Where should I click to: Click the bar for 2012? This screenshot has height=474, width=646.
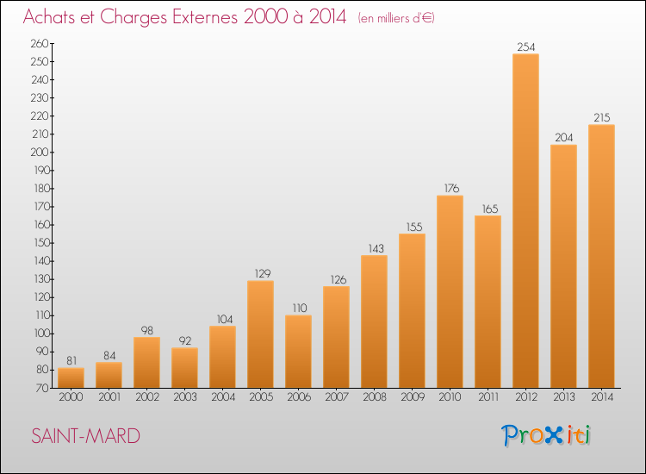(525, 221)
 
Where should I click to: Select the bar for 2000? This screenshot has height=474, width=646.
(71, 377)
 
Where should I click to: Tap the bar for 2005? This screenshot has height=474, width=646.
(260, 334)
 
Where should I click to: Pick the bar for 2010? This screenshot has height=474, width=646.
(450, 291)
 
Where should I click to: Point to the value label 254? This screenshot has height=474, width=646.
(526, 47)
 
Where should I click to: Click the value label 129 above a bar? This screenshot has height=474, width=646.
(263, 274)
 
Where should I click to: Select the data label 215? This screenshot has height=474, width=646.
(602, 118)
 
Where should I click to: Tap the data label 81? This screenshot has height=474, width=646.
(71, 360)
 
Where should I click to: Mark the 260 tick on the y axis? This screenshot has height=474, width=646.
(40, 43)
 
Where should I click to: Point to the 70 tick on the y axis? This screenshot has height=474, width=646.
(42, 388)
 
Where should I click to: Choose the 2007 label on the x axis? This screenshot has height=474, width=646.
(337, 397)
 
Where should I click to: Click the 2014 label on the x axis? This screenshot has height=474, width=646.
(602, 397)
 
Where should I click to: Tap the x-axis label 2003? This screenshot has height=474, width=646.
(185, 397)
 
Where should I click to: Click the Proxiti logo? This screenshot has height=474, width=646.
(545, 435)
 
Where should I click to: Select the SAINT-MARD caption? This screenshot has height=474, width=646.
(85, 436)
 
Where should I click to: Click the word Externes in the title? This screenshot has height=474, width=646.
(205, 16)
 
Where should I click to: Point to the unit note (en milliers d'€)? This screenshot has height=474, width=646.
(396, 18)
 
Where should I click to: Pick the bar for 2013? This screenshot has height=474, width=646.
(563, 266)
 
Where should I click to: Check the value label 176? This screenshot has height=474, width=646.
(451, 189)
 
